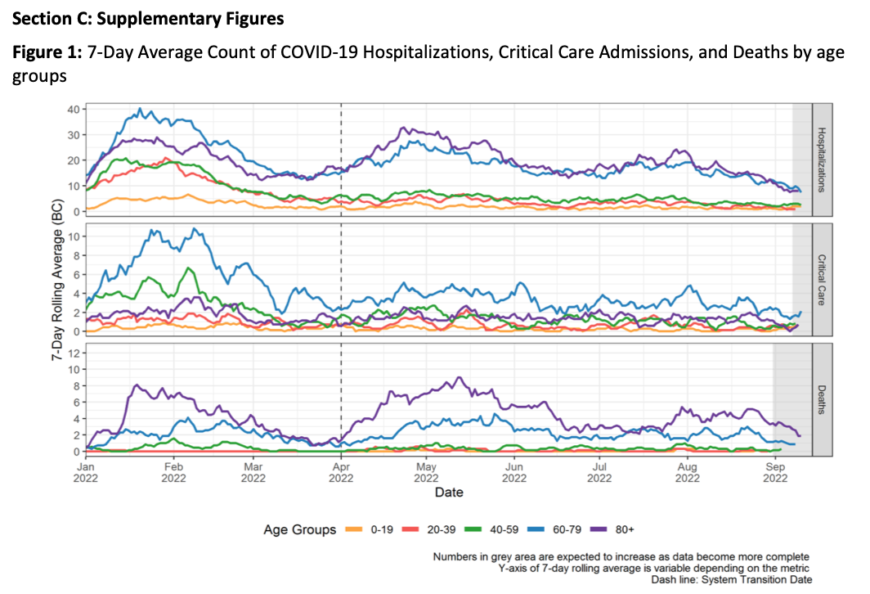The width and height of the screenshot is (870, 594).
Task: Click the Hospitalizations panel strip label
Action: pos(822,160)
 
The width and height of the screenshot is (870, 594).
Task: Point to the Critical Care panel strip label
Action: pos(822,279)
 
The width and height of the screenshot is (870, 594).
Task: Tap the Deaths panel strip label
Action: pos(822,399)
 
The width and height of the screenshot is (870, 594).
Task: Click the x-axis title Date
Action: pos(448,493)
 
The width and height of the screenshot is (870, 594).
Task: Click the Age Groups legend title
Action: pos(299,529)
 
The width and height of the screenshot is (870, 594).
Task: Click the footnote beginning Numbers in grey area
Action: pos(621,557)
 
